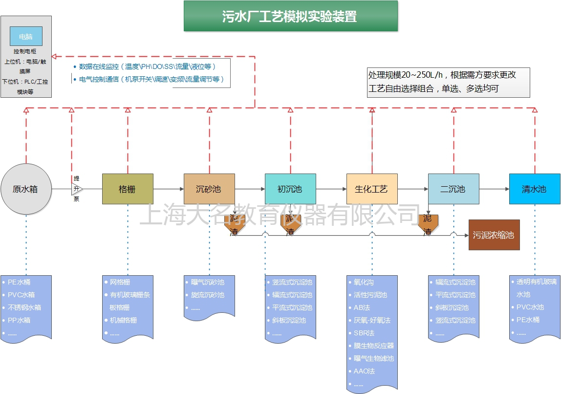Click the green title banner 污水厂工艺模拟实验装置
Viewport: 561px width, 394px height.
tap(290, 17)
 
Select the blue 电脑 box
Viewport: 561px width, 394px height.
tap(26, 36)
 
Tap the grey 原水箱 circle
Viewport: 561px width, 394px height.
tap(25, 189)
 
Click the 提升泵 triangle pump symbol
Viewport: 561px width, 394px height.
tap(77, 189)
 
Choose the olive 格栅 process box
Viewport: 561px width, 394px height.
tap(128, 189)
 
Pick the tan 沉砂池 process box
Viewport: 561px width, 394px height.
tap(209, 189)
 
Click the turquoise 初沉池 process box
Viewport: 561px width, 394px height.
tap(290, 189)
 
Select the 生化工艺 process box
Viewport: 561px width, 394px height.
tap(372, 189)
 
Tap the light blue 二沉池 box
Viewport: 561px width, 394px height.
tap(453, 189)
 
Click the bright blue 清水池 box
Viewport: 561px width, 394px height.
tap(534, 189)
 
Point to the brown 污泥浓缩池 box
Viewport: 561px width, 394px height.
tap(494, 235)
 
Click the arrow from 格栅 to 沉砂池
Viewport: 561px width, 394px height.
tap(169, 189)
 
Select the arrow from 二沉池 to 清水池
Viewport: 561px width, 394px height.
tap(494, 189)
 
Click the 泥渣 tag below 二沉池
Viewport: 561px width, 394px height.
tap(428, 225)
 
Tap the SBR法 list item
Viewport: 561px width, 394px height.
tap(364, 333)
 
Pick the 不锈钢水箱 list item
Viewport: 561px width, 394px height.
tap(24, 307)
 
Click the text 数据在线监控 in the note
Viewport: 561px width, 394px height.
tap(99, 66)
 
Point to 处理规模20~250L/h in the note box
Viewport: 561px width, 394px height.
tap(406, 75)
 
